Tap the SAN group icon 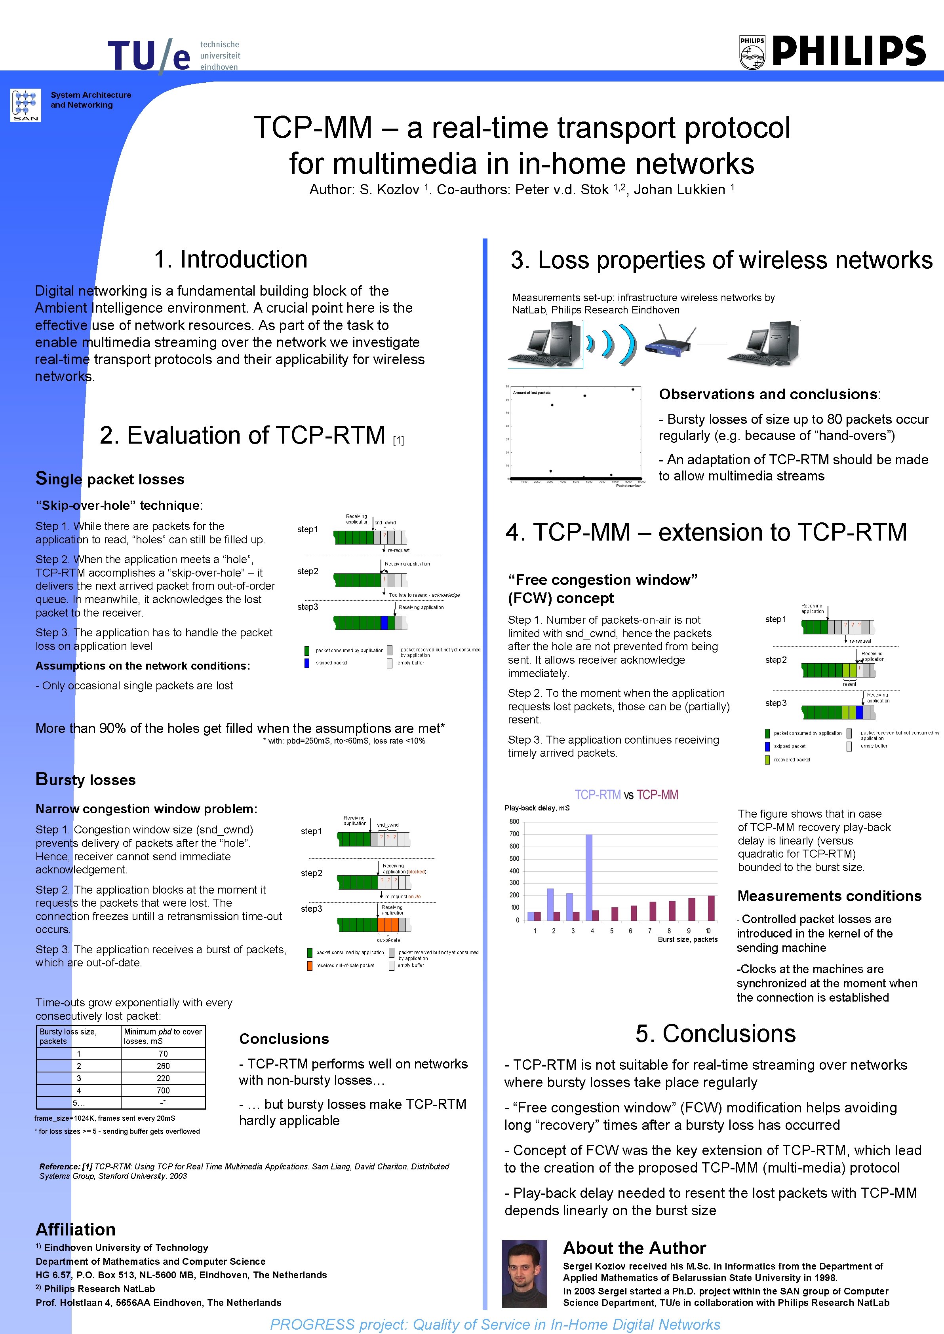pyautogui.click(x=26, y=104)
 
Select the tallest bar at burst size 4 pyautogui.click(x=589, y=877)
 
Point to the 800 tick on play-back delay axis pyautogui.click(x=514, y=822)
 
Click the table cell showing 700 pyautogui.click(x=164, y=1091)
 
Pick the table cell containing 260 pyautogui.click(x=164, y=1066)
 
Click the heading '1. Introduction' pyautogui.click(x=231, y=259)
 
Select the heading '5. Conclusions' pyautogui.click(x=716, y=1034)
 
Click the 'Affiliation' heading pyautogui.click(x=76, y=1230)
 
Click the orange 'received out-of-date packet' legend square pyautogui.click(x=310, y=966)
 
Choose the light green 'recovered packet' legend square pyautogui.click(x=767, y=760)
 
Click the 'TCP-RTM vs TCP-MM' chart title pyautogui.click(x=626, y=795)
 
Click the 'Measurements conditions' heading pyautogui.click(x=829, y=896)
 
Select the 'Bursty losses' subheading pyautogui.click(x=86, y=780)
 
